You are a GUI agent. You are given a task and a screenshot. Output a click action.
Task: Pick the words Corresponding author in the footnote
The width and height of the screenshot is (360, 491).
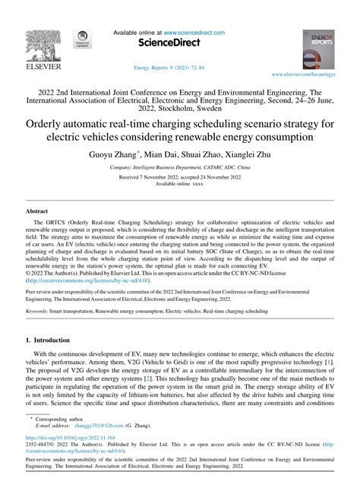coord(60,419)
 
